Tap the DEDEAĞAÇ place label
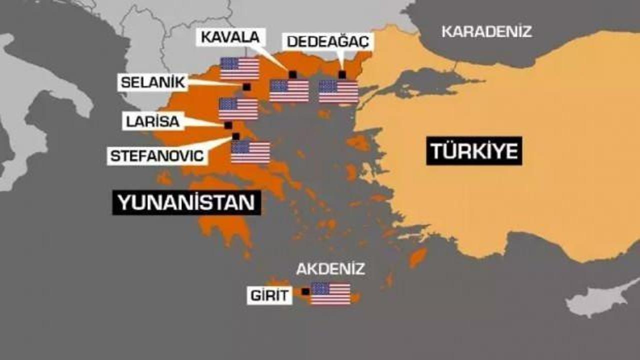(x=328, y=41)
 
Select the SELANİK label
(x=153, y=82)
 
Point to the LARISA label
(x=152, y=121)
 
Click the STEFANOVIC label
(x=157, y=155)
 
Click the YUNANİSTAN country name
(x=186, y=203)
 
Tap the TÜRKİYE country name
(x=474, y=151)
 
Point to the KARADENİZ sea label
(x=486, y=32)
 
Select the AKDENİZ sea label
(x=330, y=269)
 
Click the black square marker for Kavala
(x=293, y=74)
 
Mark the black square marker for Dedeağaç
(x=342, y=74)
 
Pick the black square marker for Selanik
(x=246, y=86)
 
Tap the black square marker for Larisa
(x=228, y=125)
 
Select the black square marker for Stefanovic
(x=235, y=136)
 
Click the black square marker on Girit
(x=305, y=291)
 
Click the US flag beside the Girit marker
(x=330, y=293)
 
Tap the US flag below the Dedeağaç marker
(x=338, y=91)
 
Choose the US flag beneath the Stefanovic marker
(x=250, y=152)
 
